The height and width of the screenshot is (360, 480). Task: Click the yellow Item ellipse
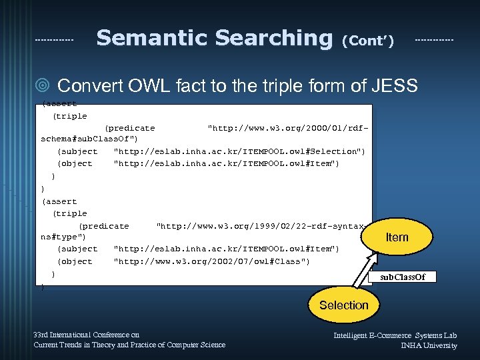[397, 237]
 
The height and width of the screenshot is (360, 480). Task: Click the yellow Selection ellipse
[343, 305]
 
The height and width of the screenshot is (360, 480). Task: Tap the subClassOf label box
[402, 277]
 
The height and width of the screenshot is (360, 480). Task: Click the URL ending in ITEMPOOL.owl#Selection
[239, 151]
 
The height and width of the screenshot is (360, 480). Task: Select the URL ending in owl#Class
[211, 261]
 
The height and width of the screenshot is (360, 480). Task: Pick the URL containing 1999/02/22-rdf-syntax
[260, 225]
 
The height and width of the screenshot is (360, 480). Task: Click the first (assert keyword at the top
[59, 104]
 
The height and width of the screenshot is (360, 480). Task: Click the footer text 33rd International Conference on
[87, 335]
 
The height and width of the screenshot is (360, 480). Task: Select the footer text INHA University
[429, 345]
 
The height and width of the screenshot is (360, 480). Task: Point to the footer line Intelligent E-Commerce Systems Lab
[395, 335]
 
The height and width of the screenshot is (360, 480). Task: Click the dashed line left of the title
[54, 40]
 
